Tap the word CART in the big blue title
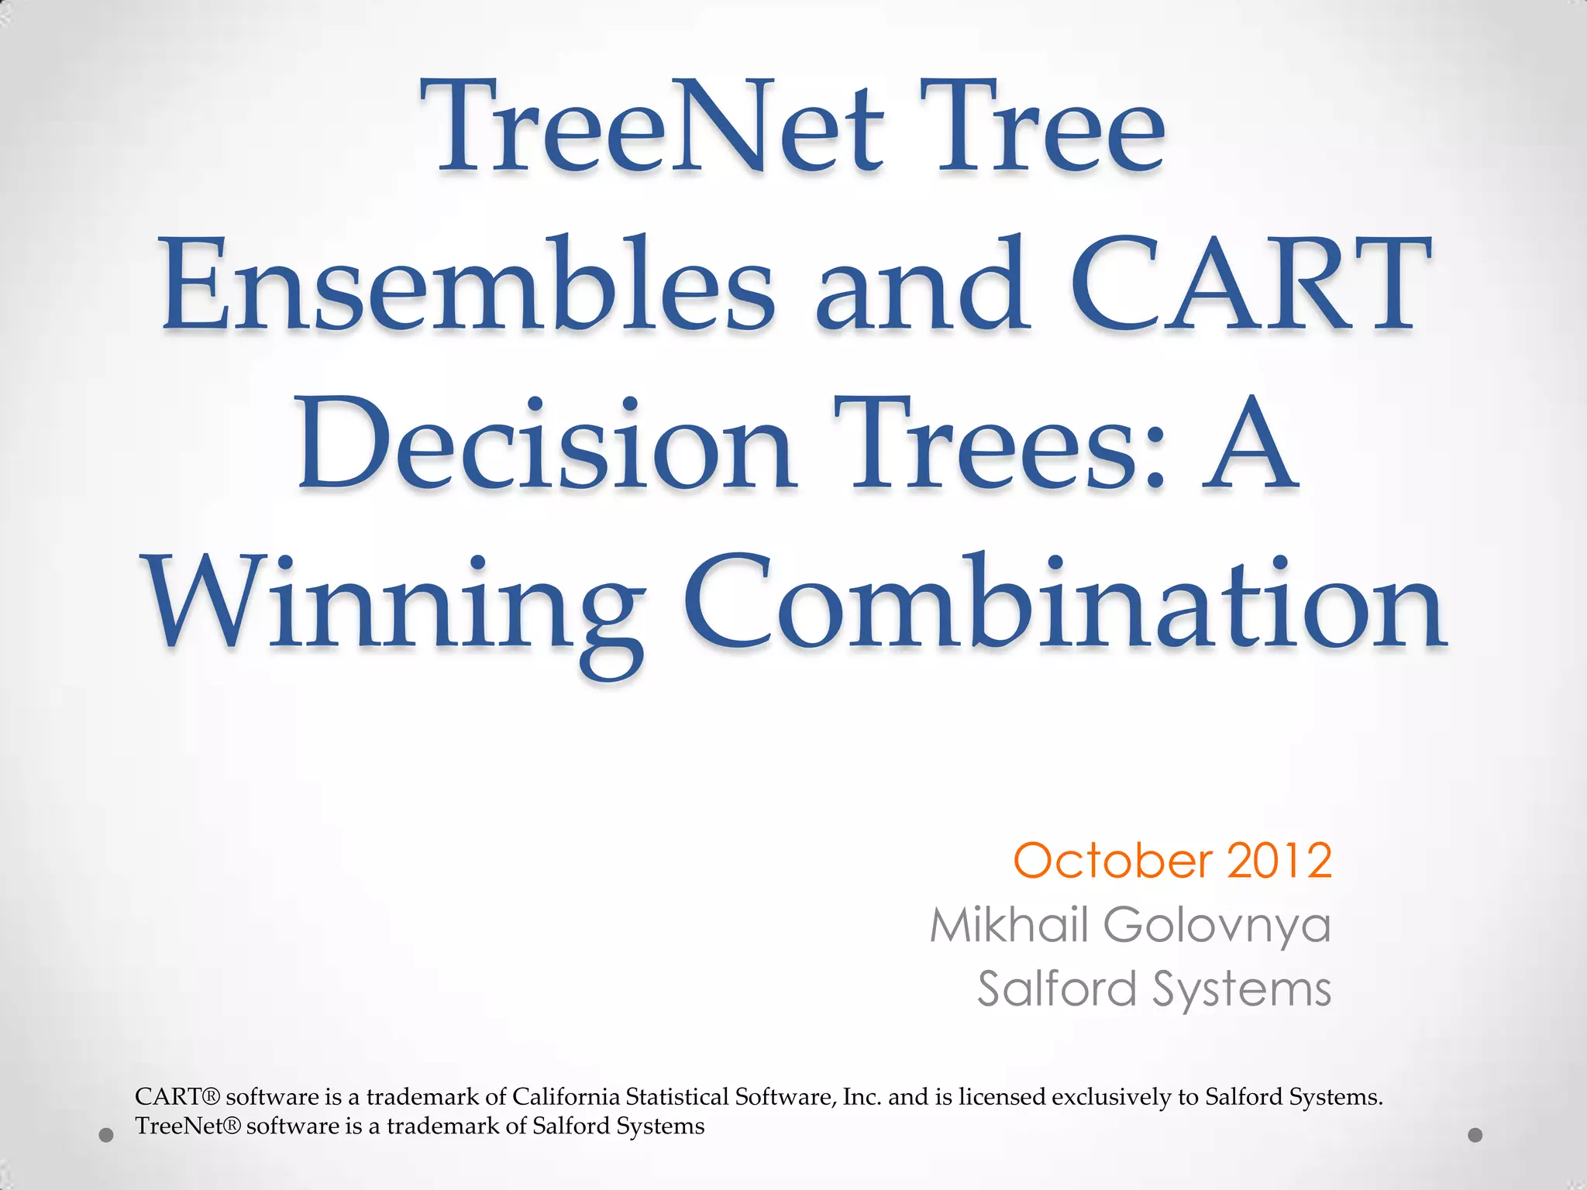pyautogui.click(x=1249, y=287)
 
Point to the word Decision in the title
pyautogui.click(x=546, y=445)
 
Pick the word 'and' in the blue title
pyautogui.click(x=922, y=287)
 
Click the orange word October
pyautogui.click(x=1113, y=862)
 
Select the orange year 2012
pyautogui.click(x=1279, y=862)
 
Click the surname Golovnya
pyautogui.click(x=1217, y=927)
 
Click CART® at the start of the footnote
pyautogui.click(x=177, y=1097)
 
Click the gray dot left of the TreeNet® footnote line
pyautogui.click(x=107, y=1136)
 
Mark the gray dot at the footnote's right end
pyautogui.click(x=1475, y=1135)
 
